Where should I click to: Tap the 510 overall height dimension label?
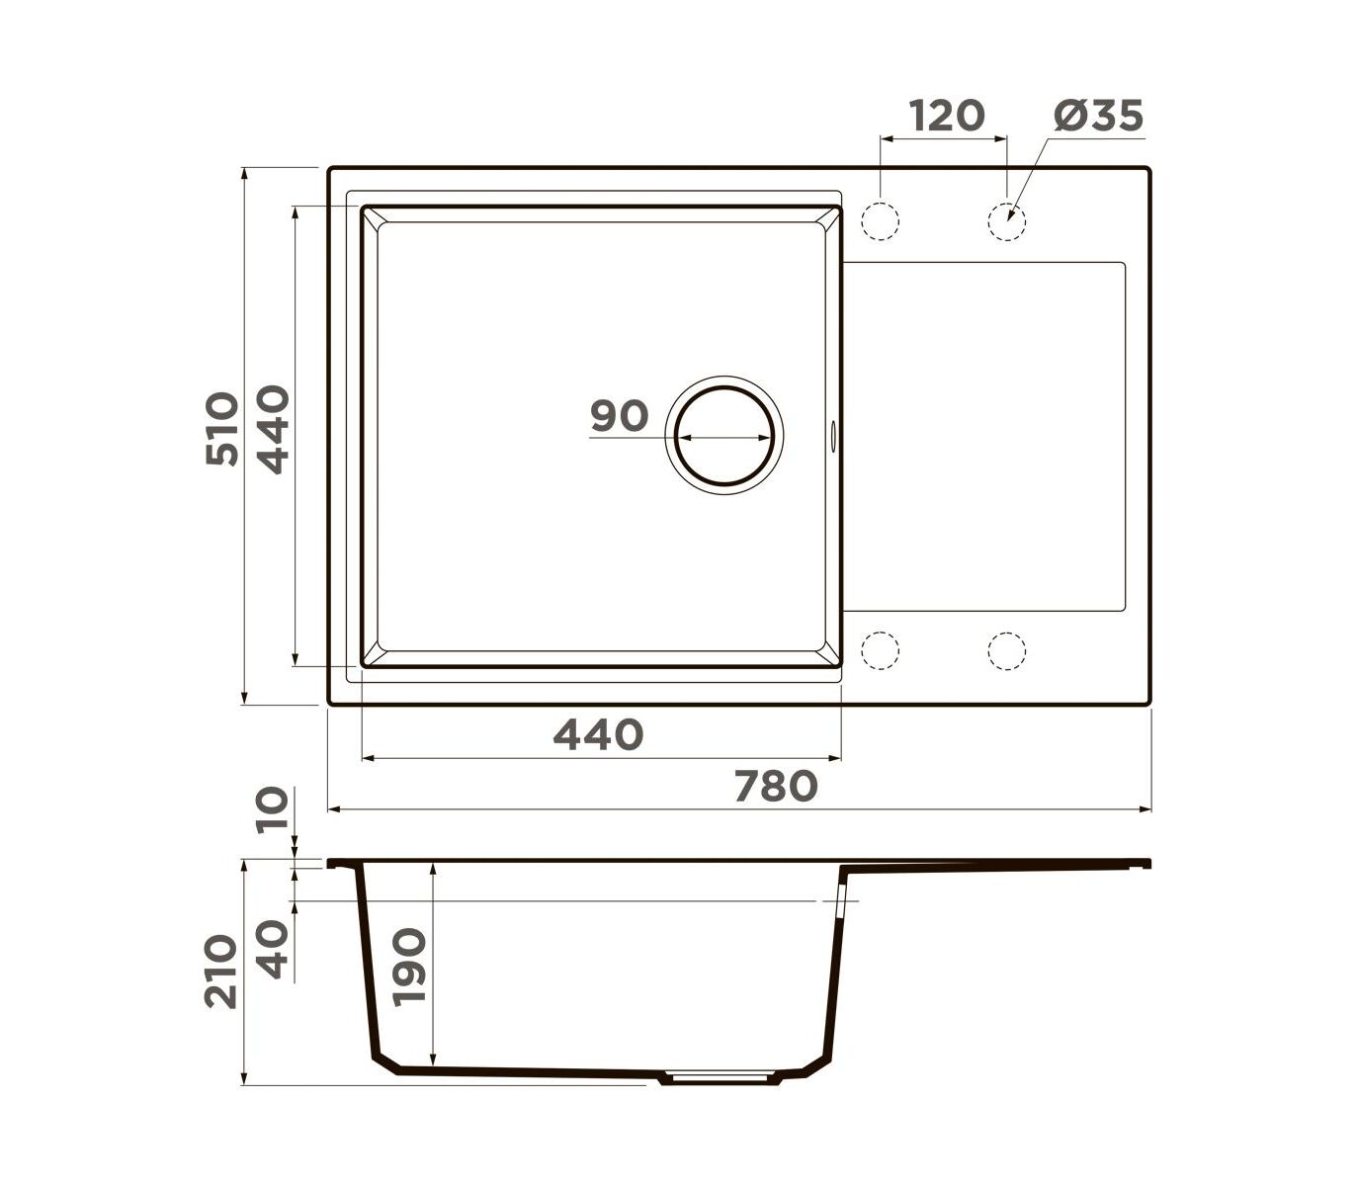222,429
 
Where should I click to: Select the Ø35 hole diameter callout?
1098,116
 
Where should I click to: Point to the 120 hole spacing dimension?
947,116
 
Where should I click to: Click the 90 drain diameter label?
619,416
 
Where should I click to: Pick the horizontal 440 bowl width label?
598,734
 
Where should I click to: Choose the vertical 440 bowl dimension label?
273,429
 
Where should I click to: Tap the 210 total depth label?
221,972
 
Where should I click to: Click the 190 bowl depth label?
408,968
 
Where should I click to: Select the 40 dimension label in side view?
273,950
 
